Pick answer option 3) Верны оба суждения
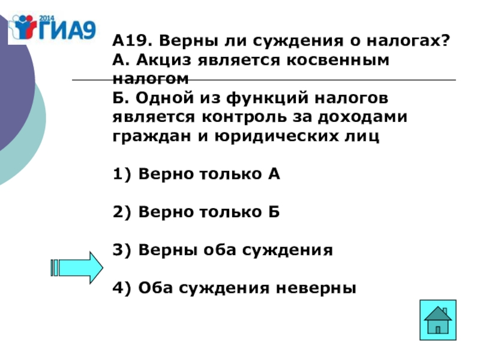click(222, 250)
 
